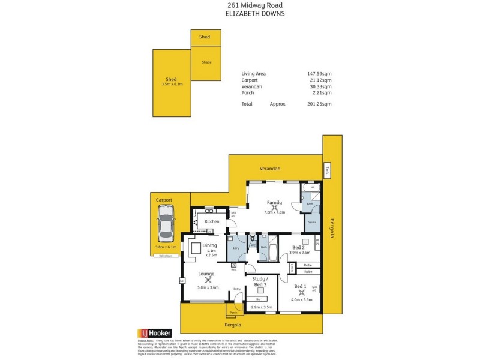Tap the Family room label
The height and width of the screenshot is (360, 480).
pyautogui.click(x=274, y=203)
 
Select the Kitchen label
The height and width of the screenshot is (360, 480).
pyautogui.click(x=212, y=221)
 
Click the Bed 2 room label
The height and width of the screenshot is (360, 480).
pyautogui.click(x=298, y=247)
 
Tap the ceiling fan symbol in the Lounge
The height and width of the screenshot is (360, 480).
pyautogui.click(x=208, y=279)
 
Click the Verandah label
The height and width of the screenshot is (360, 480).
pyautogui.click(x=269, y=169)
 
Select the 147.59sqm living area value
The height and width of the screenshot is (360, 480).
pyautogui.click(x=319, y=74)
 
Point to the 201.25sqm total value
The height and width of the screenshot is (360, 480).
pyautogui.click(x=319, y=104)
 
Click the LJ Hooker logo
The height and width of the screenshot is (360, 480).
pyautogui.click(x=155, y=332)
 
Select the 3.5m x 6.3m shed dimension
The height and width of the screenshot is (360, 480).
pyautogui.click(x=171, y=84)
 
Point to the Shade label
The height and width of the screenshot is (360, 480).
pyautogui.click(x=206, y=62)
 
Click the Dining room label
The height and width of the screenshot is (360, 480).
pyautogui.click(x=209, y=244)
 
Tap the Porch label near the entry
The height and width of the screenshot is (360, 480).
pyautogui.click(x=233, y=313)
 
